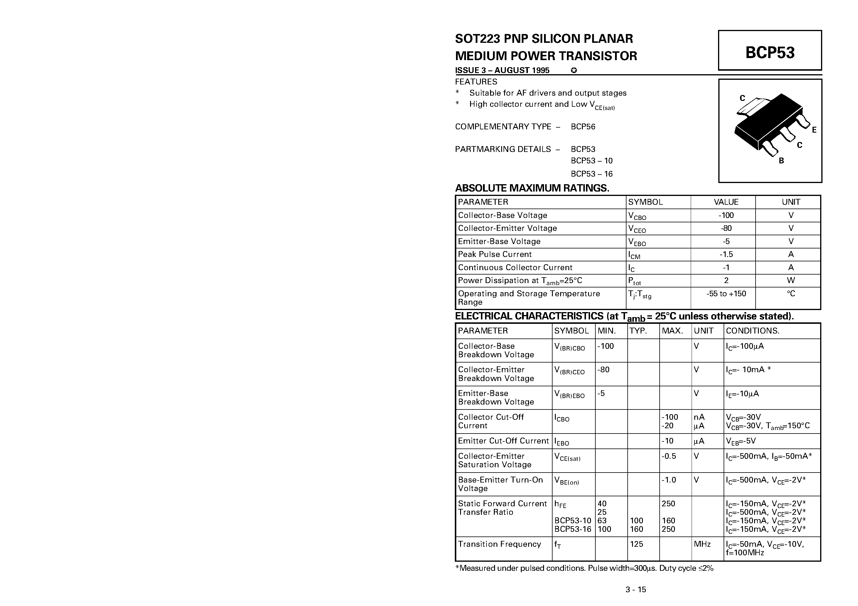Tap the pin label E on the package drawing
814,130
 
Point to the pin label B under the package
781,161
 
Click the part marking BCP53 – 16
592,174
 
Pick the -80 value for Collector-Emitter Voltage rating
726,228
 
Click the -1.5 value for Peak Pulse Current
726,254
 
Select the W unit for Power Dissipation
791,280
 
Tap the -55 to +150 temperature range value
726,294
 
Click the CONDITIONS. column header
752,331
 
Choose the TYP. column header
638,331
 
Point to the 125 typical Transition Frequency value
636,544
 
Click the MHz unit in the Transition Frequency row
702,544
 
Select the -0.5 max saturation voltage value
668,456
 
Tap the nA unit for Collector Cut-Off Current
699,417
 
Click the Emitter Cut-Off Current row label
503,441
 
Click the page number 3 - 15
636,590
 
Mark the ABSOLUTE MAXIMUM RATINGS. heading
532,188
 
